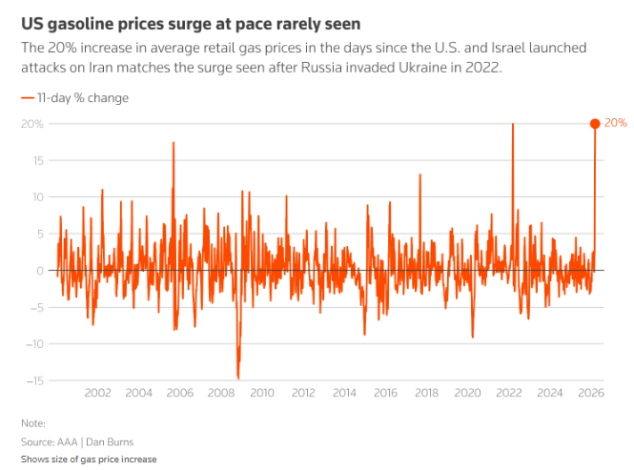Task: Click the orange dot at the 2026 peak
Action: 595,123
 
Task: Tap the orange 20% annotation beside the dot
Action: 616,124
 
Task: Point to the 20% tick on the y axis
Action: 32,124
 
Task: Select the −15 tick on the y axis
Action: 35,380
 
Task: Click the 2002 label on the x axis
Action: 97,393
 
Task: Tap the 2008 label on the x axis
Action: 220,393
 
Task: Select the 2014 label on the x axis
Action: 344,393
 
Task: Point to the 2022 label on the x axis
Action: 508,393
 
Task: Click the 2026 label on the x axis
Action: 590,393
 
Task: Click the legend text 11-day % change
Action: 82,98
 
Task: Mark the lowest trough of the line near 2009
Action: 238,378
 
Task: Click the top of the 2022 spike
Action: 513,124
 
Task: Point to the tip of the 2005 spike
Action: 174,142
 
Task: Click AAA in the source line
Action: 68,441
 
